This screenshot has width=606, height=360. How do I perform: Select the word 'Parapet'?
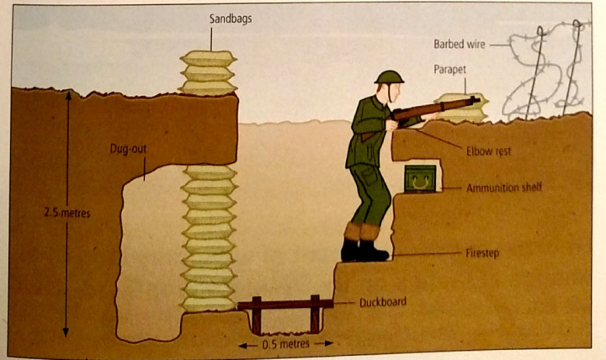pyautogui.click(x=452, y=71)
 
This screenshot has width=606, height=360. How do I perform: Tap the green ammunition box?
pyautogui.click(x=419, y=178)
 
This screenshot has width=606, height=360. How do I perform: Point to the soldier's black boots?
pyautogui.click(x=364, y=250)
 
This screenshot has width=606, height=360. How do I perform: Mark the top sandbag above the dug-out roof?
pyautogui.click(x=209, y=59)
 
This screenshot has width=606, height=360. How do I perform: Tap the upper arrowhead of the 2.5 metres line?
pyautogui.click(x=67, y=94)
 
